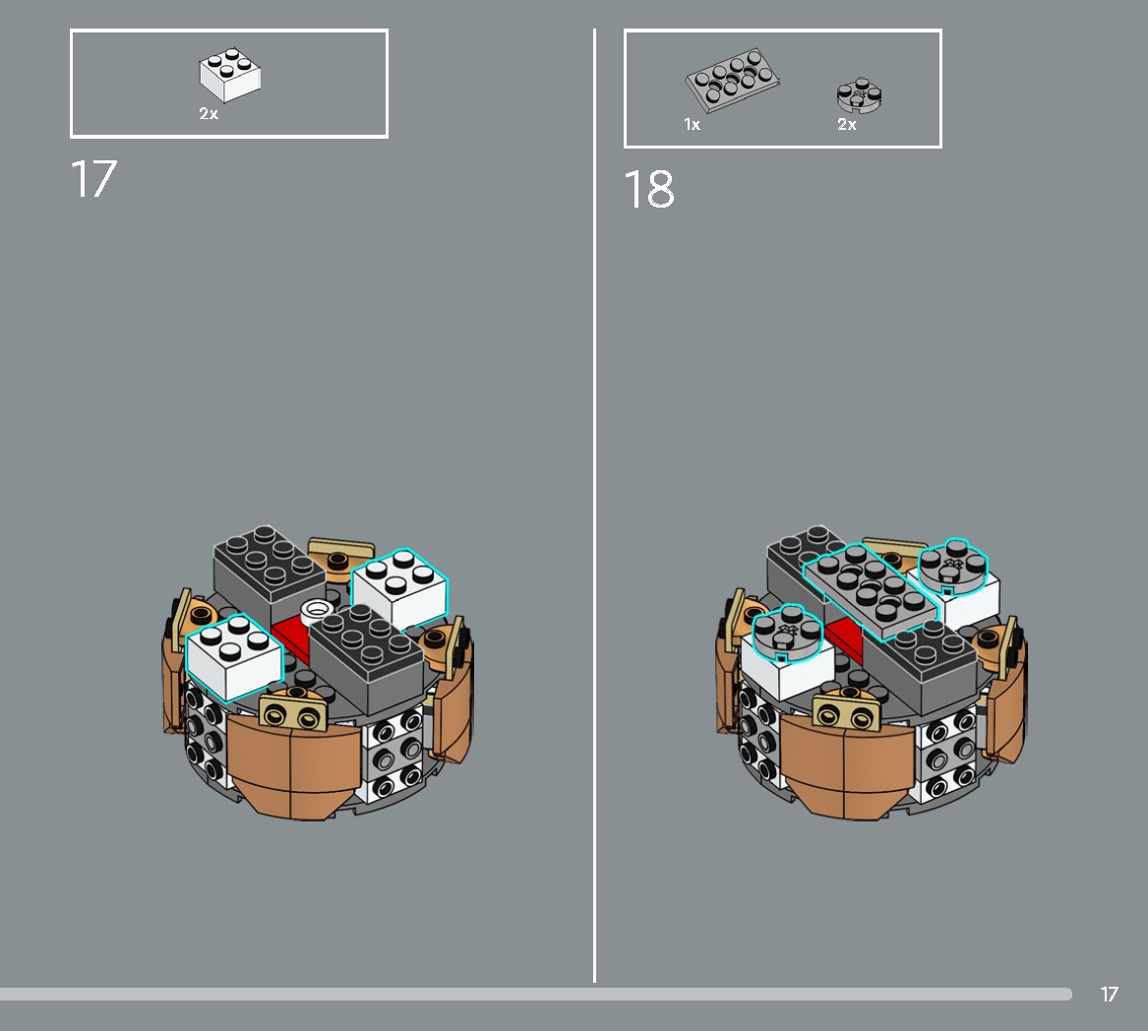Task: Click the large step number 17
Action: click(93, 179)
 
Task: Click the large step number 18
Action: click(648, 190)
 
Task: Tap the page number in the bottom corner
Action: click(1110, 994)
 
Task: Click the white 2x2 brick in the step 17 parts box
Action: click(230, 75)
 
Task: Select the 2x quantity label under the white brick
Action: click(209, 113)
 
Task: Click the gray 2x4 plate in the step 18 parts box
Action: click(732, 79)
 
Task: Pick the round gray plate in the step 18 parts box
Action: click(859, 95)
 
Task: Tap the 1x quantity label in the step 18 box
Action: click(692, 125)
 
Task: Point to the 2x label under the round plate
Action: click(847, 125)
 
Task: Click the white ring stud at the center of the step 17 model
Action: click(318, 610)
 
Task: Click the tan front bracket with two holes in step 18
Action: click(847, 712)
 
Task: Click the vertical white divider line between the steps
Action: click(594, 506)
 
